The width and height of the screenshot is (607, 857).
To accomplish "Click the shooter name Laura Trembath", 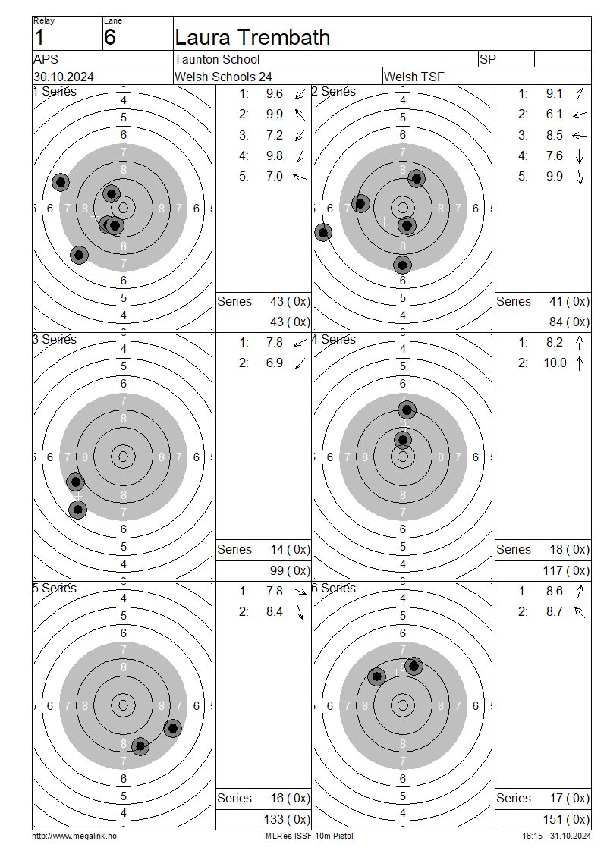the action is click(x=252, y=37).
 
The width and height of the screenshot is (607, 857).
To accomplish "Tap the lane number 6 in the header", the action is click(x=109, y=37).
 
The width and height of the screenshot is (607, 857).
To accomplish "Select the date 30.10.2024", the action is click(x=64, y=77).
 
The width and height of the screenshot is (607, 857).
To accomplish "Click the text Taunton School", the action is click(x=217, y=59).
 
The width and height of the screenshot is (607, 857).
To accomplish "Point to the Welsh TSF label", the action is click(x=414, y=77).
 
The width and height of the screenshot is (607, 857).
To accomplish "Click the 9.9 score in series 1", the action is click(x=275, y=115).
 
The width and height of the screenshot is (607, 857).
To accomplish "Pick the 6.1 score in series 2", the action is click(x=554, y=115).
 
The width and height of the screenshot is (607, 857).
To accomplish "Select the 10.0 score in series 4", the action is click(x=555, y=363).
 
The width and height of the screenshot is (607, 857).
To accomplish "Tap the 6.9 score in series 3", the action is click(x=275, y=363).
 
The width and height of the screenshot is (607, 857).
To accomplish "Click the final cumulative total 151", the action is click(x=552, y=819).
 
